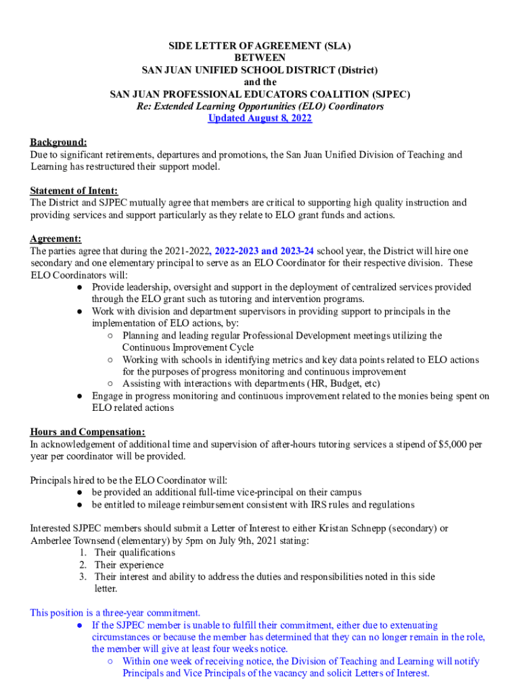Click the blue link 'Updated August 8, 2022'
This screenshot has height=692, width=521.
[260, 118]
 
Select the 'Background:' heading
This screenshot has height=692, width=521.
[58, 143]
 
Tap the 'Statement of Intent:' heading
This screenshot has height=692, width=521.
[74, 191]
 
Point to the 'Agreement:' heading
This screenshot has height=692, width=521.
[55, 239]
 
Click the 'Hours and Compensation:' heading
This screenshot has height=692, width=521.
[87, 432]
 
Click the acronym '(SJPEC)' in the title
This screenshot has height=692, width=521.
[390, 94]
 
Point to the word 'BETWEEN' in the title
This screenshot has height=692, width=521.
[260, 58]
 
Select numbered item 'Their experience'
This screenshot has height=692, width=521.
[129, 565]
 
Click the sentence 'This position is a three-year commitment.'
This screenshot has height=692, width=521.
[115, 613]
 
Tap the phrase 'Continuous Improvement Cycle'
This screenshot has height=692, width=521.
[188, 347]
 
